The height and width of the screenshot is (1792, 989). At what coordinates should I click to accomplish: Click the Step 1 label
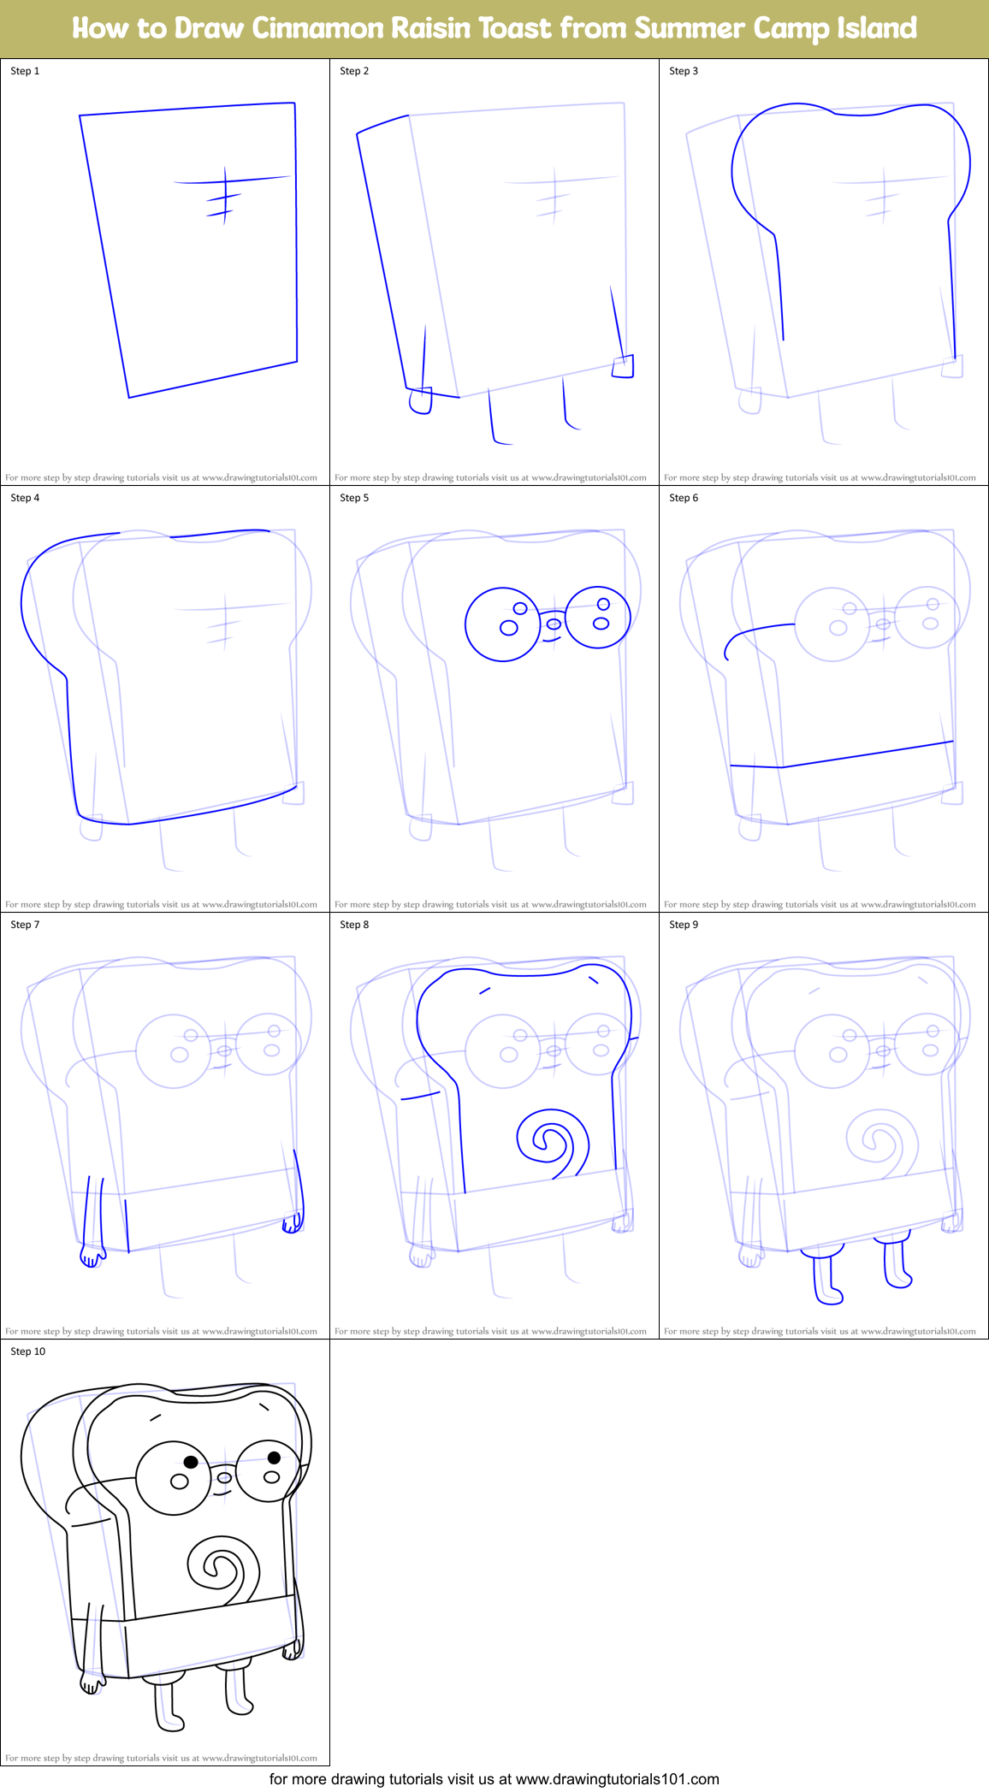[x=25, y=71]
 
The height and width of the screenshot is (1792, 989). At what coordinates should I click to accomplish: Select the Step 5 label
[x=354, y=498]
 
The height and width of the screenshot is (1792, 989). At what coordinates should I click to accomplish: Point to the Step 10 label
[x=28, y=1351]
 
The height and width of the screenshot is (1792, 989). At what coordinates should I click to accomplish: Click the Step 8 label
[x=354, y=925]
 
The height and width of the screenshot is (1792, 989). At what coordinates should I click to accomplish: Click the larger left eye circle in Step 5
[x=502, y=624]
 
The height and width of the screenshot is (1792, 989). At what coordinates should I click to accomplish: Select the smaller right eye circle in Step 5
[x=598, y=617]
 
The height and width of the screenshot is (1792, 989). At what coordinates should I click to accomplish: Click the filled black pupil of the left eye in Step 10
[x=191, y=1462]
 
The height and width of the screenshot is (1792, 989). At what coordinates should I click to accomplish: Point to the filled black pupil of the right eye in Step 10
[x=274, y=1458]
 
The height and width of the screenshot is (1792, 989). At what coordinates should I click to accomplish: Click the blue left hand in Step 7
[x=91, y=1256]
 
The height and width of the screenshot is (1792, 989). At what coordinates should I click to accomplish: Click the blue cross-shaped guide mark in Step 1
[x=224, y=193]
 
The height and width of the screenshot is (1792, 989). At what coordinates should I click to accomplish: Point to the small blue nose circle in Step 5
[x=554, y=623]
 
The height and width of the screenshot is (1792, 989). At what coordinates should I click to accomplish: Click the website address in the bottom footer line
[x=617, y=1779]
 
